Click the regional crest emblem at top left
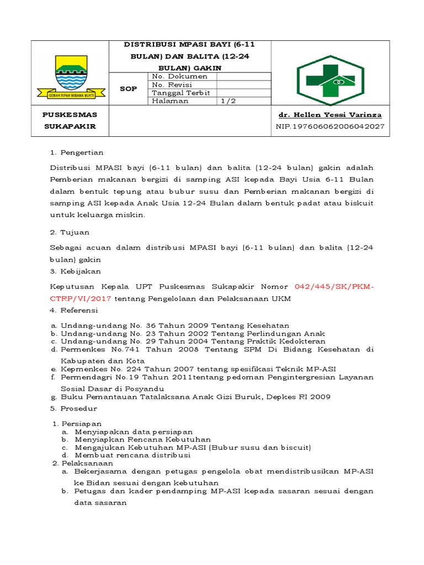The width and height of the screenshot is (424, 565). coord(70,78)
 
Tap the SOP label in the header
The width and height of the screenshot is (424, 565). coord(128,89)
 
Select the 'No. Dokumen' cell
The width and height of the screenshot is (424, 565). coord(179,77)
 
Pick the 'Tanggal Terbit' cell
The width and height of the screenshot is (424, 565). coord(181,93)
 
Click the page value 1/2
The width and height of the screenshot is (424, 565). coord(228,101)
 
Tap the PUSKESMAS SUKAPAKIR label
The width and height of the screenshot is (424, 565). coord(70,120)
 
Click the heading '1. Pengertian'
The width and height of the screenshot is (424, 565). coord(77,152)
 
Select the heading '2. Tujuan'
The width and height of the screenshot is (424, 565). coord(70,232)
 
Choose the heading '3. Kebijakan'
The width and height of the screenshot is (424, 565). coord(76,271)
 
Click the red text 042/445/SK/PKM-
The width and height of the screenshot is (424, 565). coord(334,286)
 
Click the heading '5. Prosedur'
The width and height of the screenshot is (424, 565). coord(73,408)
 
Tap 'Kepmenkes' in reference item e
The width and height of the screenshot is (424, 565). coord(81,369)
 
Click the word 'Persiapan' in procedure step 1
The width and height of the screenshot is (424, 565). coord(81,423)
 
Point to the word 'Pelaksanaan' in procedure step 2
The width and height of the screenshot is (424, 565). coord(85,463)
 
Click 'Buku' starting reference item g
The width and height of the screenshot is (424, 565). coord(70,397)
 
